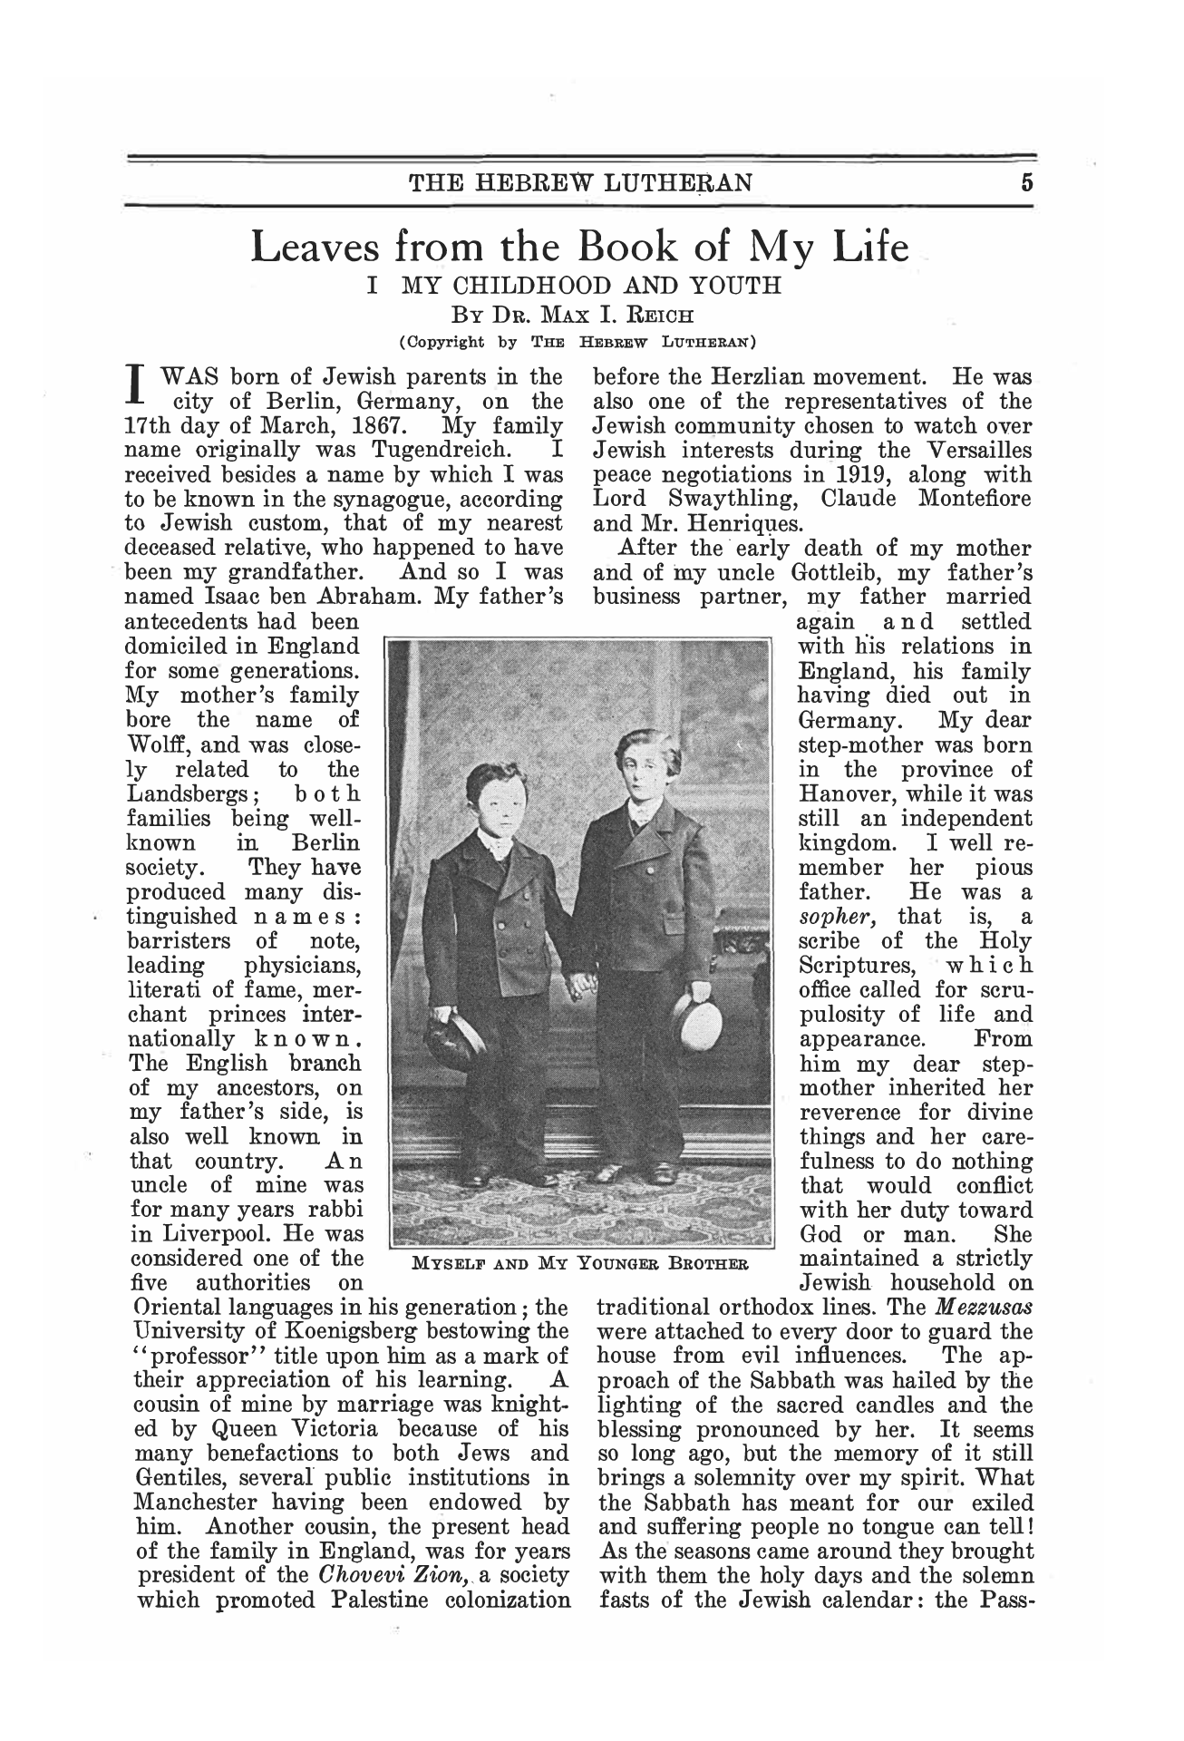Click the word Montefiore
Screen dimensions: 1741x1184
coord(975,499)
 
